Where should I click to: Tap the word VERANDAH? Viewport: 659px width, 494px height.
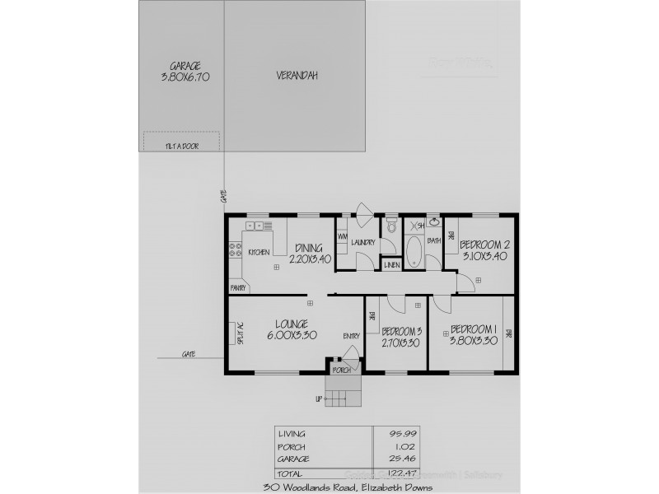(x=297, y=76)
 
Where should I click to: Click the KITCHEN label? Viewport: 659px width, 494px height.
(x=259, y=252)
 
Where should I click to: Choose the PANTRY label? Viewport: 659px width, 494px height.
(x=240, y=288)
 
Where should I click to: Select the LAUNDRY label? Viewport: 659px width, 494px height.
(x=362, y=242)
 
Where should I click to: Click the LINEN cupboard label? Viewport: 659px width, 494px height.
(x=392, y=264)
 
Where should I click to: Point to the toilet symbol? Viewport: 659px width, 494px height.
(x=392, y=226)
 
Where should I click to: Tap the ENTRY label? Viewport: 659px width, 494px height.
(x=352, y=335)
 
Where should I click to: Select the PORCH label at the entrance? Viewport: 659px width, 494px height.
(x=342, y=370)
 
